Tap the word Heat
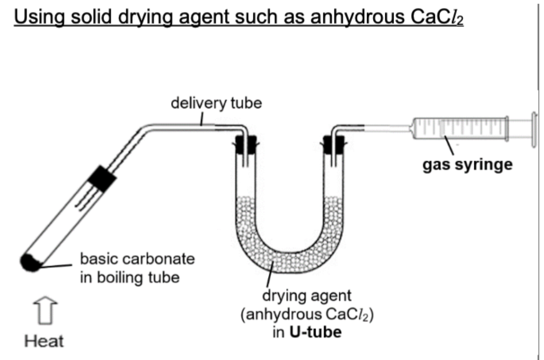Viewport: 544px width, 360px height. coord(44,341)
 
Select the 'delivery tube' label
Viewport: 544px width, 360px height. coord(216,103)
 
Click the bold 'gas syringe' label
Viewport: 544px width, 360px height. coord(468,164)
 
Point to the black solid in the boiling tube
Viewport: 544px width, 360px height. coord(31,262)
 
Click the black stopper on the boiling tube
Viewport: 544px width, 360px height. coord(102,179)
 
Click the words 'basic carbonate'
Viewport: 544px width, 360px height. coord(137,258)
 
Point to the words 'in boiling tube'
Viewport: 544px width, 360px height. coord(129,277)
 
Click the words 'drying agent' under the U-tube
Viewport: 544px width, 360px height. coord(307,296)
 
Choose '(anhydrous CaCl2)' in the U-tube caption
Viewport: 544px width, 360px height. coord(307,314)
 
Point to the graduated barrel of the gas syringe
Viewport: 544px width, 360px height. coord(458,128)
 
